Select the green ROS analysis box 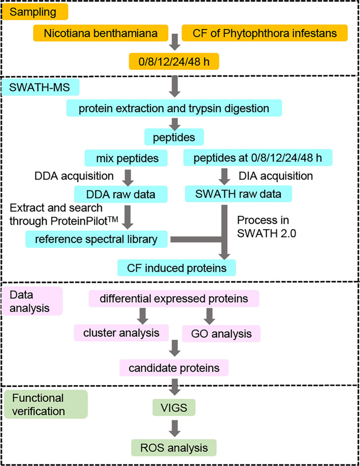pos(174,446)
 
